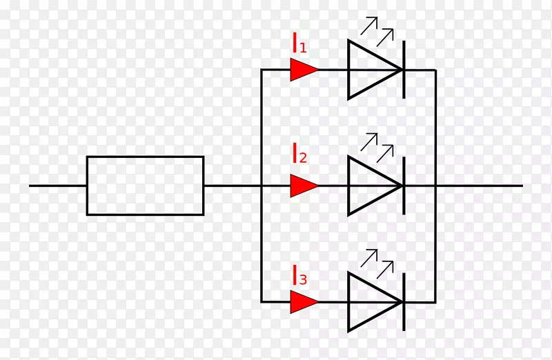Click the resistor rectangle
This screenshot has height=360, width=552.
click(145, 186)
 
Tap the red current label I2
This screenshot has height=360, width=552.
click(299, 154)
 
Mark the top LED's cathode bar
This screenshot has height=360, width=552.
click(403, 70)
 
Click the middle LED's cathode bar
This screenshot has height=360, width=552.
click(403, 186)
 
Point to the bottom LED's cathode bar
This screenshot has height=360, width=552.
click(403, 301)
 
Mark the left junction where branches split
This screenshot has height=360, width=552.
click(261, 186)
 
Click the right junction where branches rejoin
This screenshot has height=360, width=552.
click(435, 186)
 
